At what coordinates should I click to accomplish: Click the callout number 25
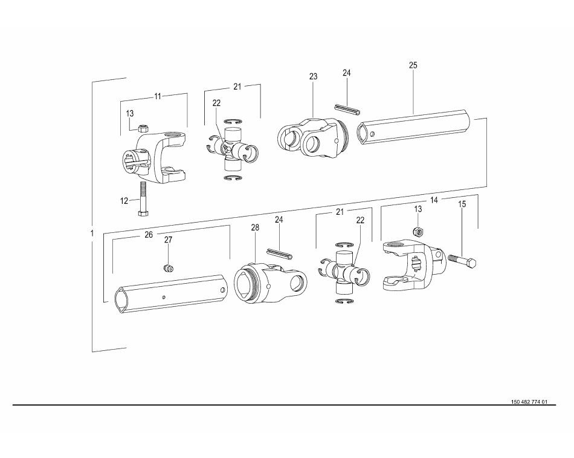pos(413,65)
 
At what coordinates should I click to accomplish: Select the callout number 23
pos(313,76)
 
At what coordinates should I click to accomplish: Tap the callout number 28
pos(255,227)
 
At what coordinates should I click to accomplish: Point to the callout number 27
pos(168,240)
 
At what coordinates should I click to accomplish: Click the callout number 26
pos(149,235)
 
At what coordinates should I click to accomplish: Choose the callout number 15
pos(462,204)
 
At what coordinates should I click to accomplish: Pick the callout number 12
pos(124,201)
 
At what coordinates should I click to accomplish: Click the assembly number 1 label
pos(92,233)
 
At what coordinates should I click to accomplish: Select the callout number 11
pos(158,96)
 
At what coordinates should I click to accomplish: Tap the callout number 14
pos(434,200)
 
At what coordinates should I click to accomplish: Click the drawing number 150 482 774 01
pos(529,402)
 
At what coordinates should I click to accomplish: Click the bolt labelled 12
pos(141,198)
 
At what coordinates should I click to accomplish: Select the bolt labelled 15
pos(462,261)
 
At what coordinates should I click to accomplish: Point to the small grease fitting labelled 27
pos(167,269)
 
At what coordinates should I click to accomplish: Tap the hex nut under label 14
pos(418,232)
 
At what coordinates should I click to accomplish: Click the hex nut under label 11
pos(143,128)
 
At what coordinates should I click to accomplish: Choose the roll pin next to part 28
pos(279,253)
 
